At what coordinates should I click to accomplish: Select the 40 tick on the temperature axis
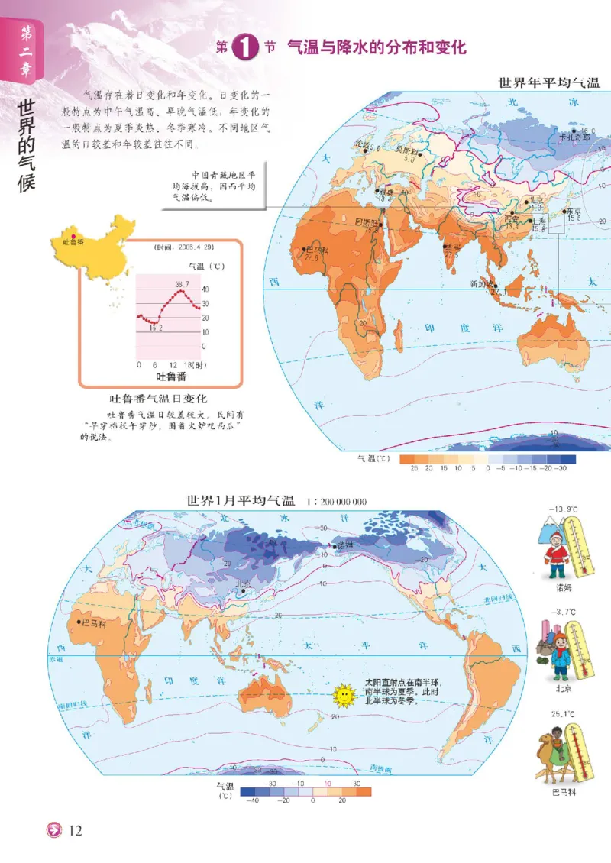point(205,289)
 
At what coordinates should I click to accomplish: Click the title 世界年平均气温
point(548,83)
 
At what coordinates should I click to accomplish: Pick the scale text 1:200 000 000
point(337,502)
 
